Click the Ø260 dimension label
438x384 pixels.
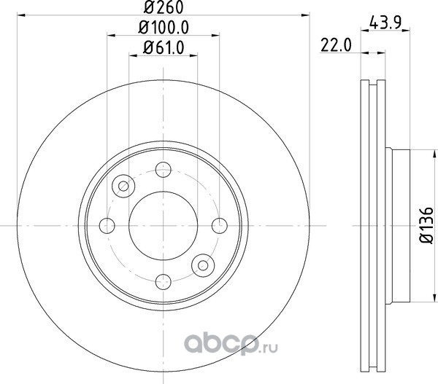[164, 7]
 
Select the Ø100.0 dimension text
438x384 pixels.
[164, 28]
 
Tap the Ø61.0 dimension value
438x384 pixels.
[164, 47]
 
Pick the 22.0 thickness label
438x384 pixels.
[336, 45]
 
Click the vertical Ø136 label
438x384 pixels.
[427, 225]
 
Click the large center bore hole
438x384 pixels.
[164, 226]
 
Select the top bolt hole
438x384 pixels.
[164, 169]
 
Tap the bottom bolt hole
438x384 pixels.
[164, 282]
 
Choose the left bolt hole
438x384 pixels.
[107, 226]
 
